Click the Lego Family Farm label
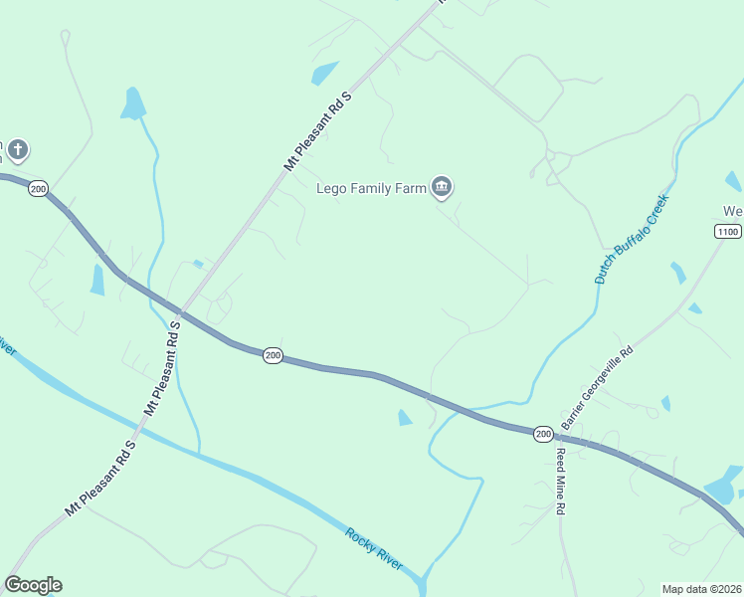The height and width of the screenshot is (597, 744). point(370,187)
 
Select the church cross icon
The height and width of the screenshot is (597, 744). point(17,151)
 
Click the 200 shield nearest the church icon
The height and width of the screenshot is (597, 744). point(38,188)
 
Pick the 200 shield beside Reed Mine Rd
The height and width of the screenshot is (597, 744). point(542,434)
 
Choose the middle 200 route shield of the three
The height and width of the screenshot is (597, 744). point(273,355)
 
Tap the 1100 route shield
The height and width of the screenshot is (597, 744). point(727,231)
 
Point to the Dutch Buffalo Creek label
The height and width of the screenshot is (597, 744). point(633,239)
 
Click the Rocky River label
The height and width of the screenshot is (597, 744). point(374,549)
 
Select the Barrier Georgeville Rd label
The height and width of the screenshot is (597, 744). point(597,388)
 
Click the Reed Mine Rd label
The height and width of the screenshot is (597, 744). point(561,481)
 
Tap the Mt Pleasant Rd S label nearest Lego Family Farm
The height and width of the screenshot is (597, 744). point(319,130)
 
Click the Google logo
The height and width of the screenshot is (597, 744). point(33,585)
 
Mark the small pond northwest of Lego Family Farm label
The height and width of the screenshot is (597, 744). point(324,74)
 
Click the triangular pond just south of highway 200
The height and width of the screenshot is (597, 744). point(404,418)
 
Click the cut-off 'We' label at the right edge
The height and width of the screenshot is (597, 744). point(733,211)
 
